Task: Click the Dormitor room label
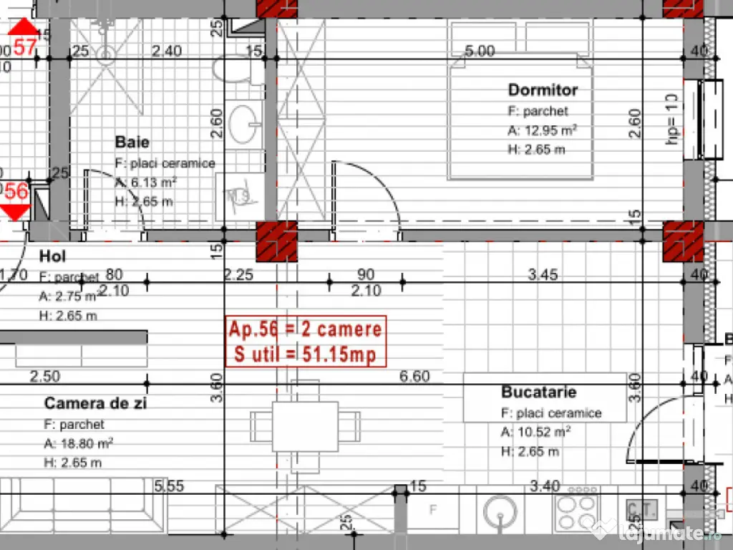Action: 543,90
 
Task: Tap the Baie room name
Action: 132,143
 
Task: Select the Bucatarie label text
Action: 538,392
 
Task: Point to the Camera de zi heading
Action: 95,403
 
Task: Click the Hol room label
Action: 52,256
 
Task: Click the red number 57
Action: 25,47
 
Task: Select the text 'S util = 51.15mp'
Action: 305,354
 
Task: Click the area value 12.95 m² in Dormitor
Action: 542,130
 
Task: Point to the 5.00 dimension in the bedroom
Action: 480,51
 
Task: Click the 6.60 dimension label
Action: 414,376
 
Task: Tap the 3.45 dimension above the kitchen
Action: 543,274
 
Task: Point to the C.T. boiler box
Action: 641,510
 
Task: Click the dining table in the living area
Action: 304,426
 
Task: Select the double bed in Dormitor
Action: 520,100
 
